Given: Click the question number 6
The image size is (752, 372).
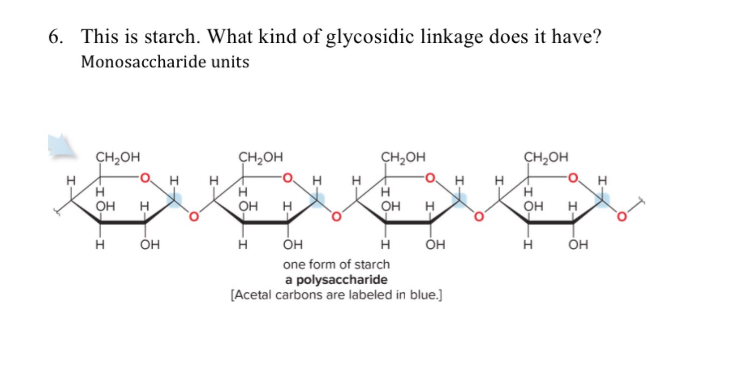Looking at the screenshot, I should point(55,37).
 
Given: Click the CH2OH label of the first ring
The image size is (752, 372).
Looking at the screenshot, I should point(118,157).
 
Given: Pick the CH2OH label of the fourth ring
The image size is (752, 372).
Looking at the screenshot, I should point(546,157).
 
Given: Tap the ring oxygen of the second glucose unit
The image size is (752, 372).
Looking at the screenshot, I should point(287,178).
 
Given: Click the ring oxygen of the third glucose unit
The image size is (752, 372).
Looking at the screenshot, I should point(430,178).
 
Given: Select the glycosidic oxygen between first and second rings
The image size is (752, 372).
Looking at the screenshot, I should point(193,217).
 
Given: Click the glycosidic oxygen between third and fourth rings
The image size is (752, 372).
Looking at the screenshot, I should point(478,217).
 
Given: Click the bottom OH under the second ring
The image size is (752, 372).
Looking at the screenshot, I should point(293,244).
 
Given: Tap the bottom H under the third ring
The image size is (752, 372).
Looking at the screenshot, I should point(385,244).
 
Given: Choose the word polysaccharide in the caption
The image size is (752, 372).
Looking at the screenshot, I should point(342,280).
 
